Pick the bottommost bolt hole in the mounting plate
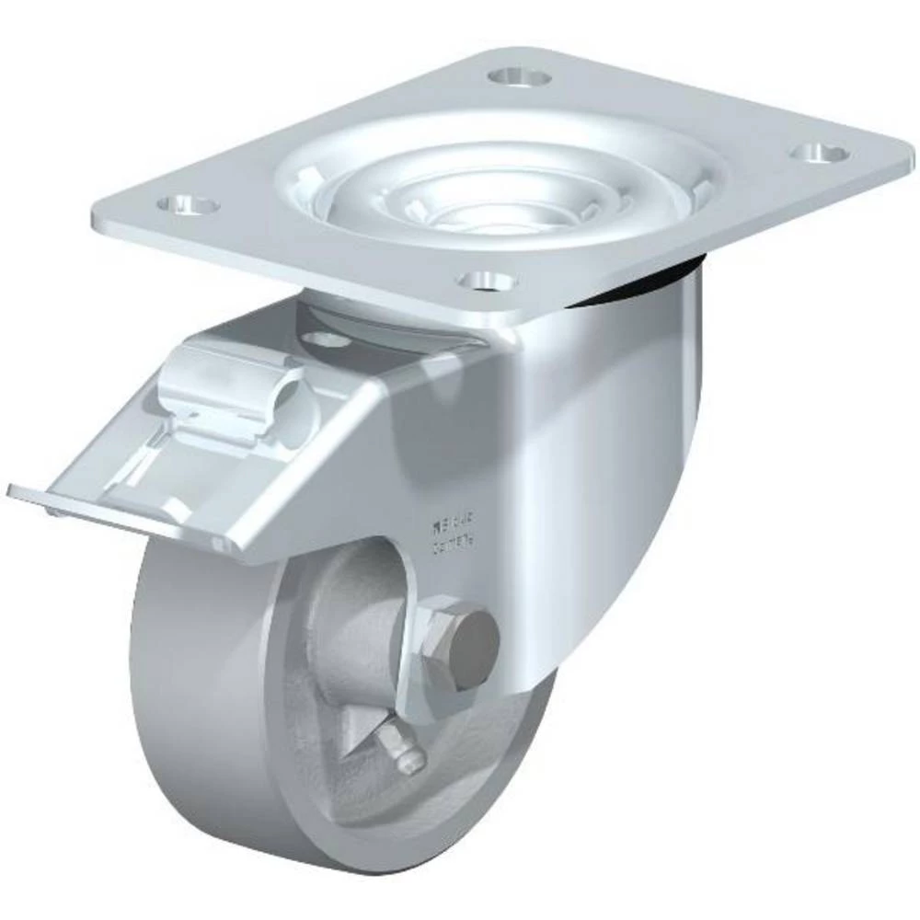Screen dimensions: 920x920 (x=486, y=281)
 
